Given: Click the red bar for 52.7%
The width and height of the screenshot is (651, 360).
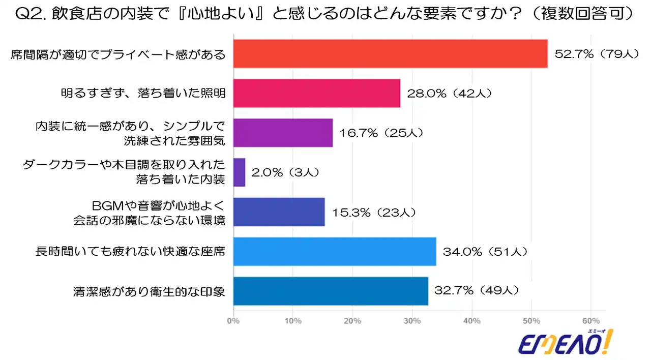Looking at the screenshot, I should point(390,53).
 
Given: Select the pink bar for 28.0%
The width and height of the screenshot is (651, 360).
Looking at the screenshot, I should point(316,93).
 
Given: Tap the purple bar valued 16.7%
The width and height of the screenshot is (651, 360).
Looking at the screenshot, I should point(283,133).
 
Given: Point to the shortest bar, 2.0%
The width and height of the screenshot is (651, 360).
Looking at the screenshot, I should point(239,172).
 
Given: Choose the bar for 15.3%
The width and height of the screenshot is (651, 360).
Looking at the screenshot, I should point(279,212).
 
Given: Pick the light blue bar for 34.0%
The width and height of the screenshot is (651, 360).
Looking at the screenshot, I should point(335,251).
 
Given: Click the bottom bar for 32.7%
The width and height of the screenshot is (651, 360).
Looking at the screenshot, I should point(331,291).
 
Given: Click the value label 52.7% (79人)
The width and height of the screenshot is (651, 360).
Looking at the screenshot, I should point(596,53).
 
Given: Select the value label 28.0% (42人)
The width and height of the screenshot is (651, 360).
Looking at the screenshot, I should point(449,93).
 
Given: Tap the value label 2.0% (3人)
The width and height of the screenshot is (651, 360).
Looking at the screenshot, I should point(286,172).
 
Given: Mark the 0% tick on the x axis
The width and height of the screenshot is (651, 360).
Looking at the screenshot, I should point(233,321).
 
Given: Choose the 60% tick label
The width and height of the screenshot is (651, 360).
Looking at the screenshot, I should point(591,321).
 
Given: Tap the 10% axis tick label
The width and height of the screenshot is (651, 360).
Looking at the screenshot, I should point(293,321).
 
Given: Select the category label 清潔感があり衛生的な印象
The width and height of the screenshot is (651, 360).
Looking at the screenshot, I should point(150,291).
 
